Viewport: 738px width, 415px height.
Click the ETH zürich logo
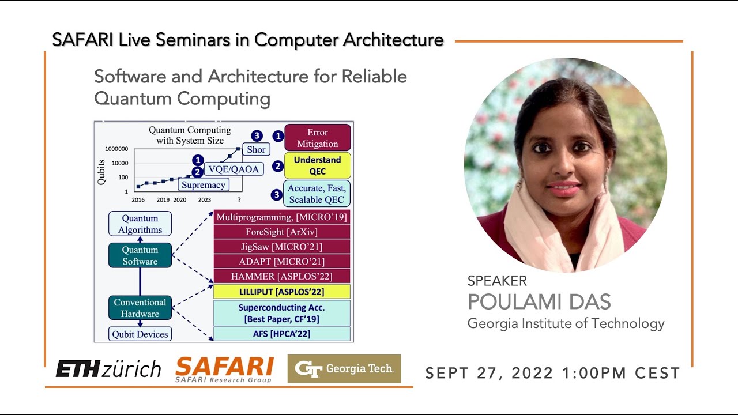(108, 369)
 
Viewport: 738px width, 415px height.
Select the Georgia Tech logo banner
(344, 369)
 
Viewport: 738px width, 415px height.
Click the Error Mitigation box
(317, 138)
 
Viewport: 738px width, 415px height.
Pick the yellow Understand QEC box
(317, 165)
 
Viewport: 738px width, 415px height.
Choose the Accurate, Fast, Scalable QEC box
(317, 194)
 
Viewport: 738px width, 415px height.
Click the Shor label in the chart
(256, 149)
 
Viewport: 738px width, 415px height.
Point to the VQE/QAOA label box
(234, 168)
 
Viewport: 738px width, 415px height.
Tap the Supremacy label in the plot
(202, 184)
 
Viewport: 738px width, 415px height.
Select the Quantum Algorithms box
(140, 224)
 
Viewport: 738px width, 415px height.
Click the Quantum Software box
(140, 255)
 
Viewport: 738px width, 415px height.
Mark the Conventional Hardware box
(140, 308)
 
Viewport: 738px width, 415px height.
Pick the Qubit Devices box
(140, 334)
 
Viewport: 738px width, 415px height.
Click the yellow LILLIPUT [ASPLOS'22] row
(282, 292)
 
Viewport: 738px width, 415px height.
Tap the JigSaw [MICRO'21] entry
(282, 247)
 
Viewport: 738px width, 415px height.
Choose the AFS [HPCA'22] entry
(282, 334)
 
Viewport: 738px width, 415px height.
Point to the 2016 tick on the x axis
(138, 199)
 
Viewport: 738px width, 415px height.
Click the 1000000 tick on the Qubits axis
(116, 149)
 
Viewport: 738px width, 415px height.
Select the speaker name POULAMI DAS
(539, 302)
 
